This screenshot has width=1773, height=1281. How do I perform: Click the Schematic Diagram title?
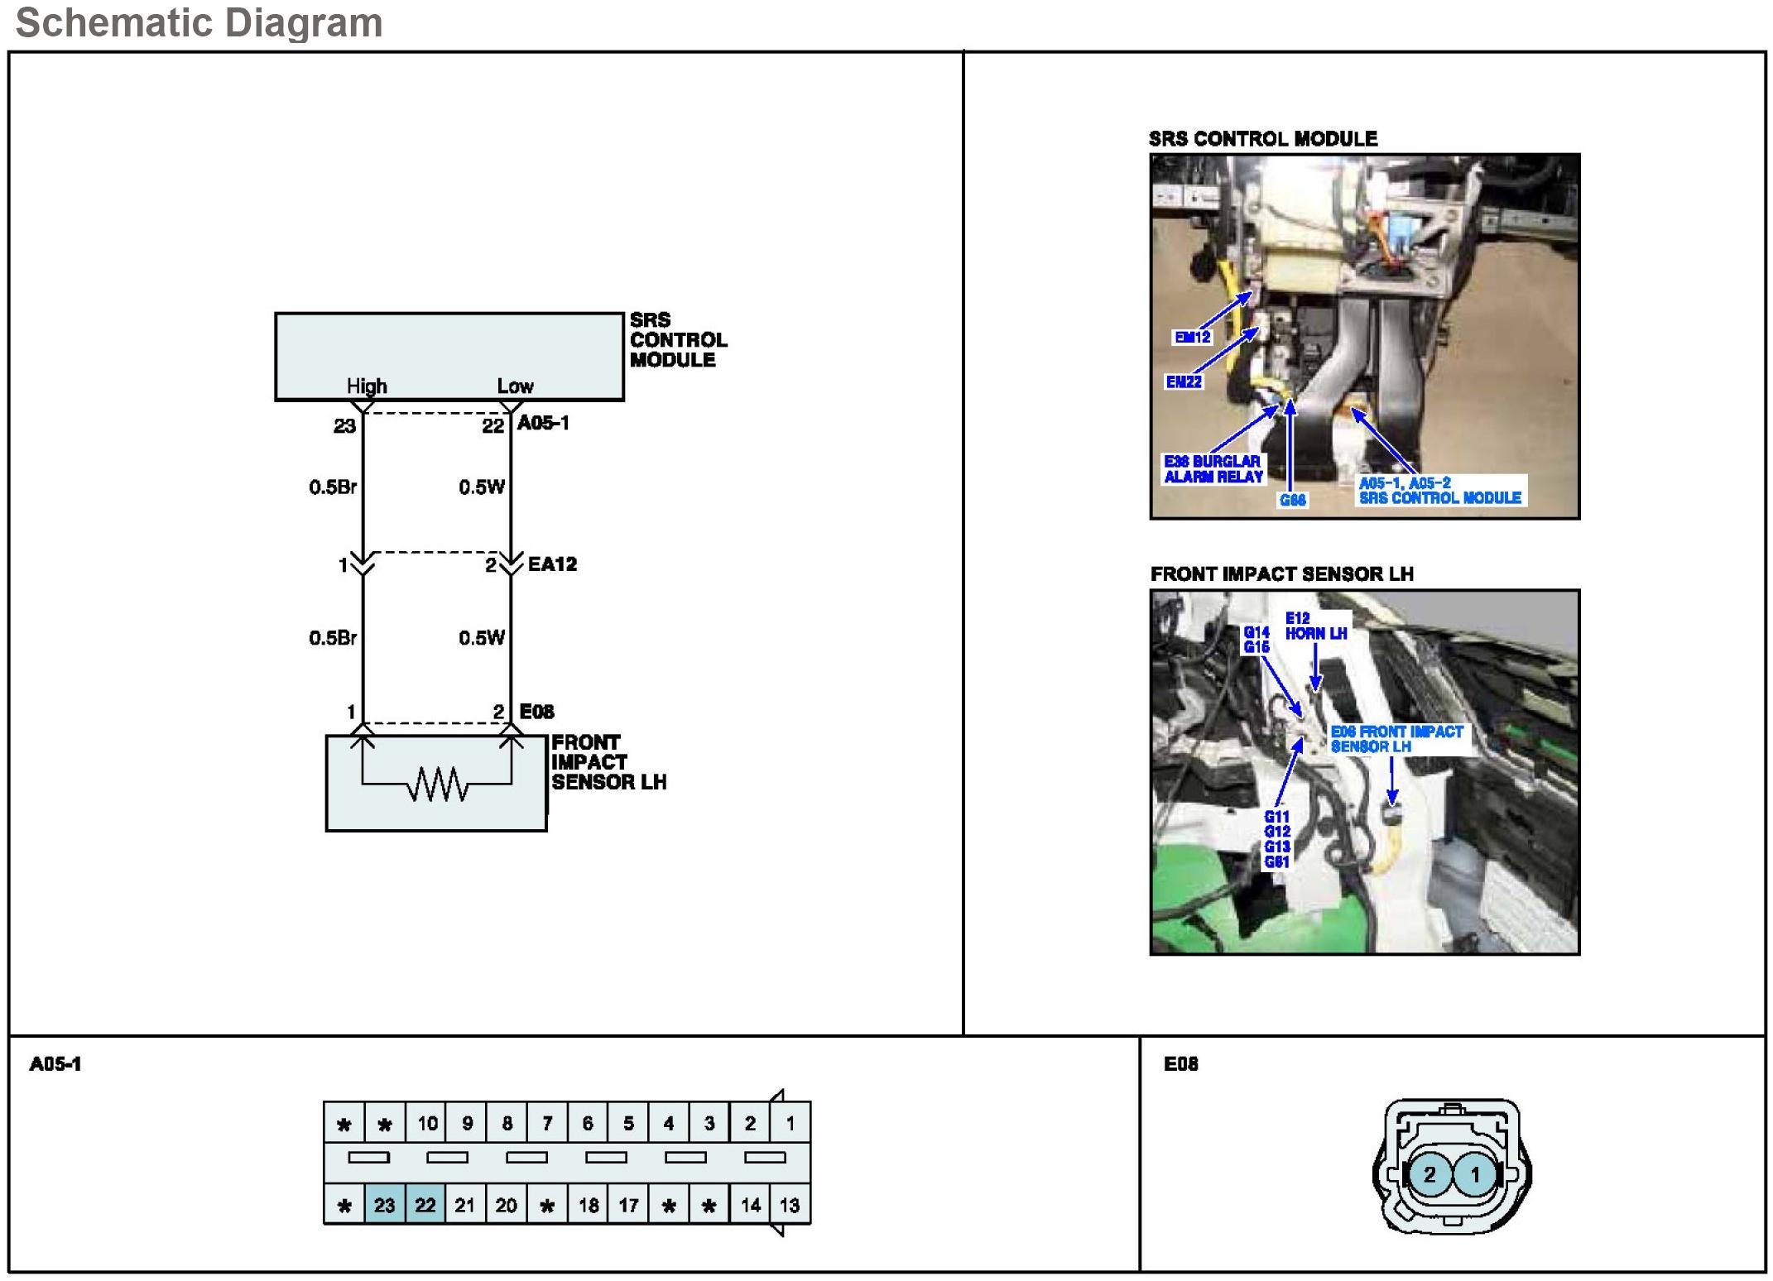click(x=199, y=22)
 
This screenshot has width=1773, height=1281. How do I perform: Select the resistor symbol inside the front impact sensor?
click(x=437, y=784)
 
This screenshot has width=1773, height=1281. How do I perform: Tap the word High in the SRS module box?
click(x=367, y=386)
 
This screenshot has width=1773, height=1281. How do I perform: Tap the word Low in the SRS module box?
click(x=515, y=386)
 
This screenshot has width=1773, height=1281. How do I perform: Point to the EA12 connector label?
click(x=552, y=564)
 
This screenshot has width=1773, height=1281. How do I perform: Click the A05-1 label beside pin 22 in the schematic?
click(x=543, y=423)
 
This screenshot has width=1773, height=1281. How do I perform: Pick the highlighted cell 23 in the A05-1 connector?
click(x=385, y=1205)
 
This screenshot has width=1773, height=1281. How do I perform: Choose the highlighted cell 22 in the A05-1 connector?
click(x=425, y=1205)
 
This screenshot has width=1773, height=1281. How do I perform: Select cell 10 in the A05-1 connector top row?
click(x=426, y=1124)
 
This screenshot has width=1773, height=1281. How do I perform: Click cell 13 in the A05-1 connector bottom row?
click(x=790, y=1205)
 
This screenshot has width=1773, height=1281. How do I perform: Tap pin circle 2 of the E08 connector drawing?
click(x=1429, y=1174)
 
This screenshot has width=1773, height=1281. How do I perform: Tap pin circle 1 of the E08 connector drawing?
click(x=1474, y=1174)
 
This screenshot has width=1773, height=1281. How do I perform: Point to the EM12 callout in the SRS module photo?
click(x=1193, y=337)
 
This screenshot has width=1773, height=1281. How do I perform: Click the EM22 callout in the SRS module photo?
click(x=1184, y=381)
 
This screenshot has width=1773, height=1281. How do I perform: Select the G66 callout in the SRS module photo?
click(x=1292, y=500)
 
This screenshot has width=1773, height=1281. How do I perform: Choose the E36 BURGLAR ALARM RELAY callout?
click(x=1213, y=469)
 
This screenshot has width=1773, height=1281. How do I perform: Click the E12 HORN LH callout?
click(x=1316, y=626)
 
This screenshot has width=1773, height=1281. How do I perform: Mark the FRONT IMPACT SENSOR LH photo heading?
click(x=1281, y=573)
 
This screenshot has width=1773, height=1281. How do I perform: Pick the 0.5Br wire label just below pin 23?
click(x=333, y=487)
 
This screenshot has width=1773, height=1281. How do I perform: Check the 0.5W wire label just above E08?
click(x=482, y=637)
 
